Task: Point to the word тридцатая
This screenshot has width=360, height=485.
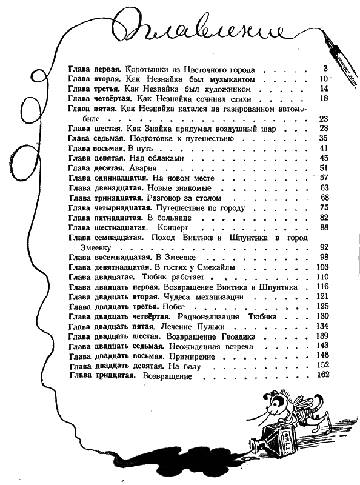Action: (x=112, y=376)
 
